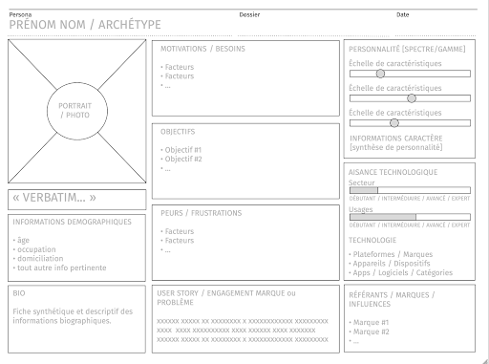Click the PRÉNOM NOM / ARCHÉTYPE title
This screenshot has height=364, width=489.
click(85, 25)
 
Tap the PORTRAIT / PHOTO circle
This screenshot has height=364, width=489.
click(74, 110)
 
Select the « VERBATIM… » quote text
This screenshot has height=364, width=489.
click(54, 199)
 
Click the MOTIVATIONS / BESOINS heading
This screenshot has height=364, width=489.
click(201, 49)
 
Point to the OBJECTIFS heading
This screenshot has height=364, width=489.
click(179, 132)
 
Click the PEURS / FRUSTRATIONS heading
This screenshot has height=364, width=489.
click(201, 213)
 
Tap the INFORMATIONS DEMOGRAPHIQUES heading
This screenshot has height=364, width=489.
click(72, 222)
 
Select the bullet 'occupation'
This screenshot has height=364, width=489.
click(35, 248)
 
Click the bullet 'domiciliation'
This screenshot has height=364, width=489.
click(39, 258)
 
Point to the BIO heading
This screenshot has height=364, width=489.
click(20, 293)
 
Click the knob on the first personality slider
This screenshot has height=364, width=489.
click(380, 73)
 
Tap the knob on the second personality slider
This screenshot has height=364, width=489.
click(412, 97)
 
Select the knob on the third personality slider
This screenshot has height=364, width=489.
click(394, 122)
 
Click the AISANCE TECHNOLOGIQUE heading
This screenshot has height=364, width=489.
click(393, 172)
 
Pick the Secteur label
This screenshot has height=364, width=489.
click(362, 182)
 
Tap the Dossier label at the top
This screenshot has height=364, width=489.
click(249, 14)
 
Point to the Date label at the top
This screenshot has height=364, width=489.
click(402, 14)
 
